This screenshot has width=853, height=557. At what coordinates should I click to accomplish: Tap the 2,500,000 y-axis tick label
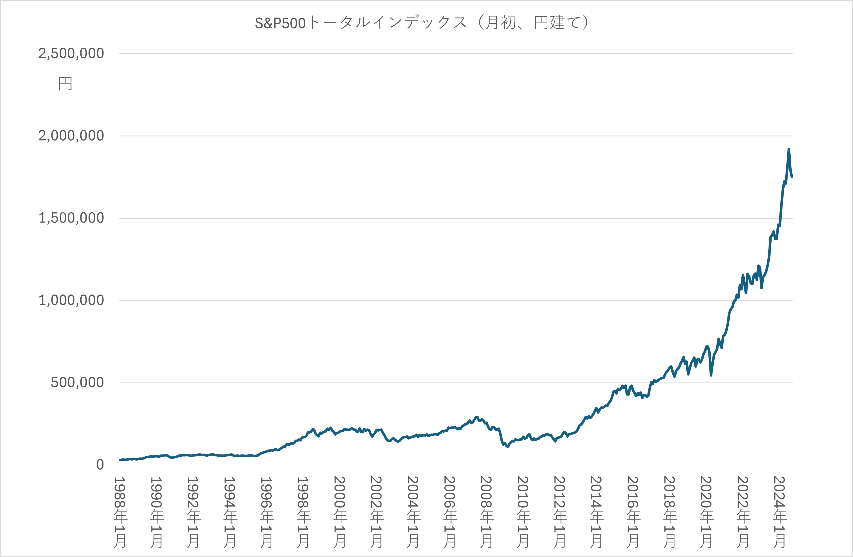click(71, 54)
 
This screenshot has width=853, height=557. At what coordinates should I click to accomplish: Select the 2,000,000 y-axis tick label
click(71, 136)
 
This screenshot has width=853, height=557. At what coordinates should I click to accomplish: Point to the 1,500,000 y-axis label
click(71, 218)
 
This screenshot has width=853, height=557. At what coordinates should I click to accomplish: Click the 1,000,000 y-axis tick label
click(71, 300)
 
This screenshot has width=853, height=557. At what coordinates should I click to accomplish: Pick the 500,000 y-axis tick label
click(77, 382)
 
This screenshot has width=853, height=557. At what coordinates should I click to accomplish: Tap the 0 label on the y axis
click(100, 464)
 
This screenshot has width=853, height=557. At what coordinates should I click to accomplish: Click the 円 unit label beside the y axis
click(65, 84)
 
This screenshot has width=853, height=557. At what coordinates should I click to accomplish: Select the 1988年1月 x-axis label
click(120, 512)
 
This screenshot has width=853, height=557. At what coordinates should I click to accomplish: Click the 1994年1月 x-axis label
click(230, 512)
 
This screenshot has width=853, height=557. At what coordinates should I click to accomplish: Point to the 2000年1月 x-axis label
click(340, 512)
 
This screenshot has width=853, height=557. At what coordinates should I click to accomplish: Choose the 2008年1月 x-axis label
click(486, 512)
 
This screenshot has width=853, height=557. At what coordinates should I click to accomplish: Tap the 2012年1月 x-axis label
click(560, 512)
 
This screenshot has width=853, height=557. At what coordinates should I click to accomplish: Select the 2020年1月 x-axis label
click(706, 512)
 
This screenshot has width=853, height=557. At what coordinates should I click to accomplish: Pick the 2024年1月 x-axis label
click(779, 512)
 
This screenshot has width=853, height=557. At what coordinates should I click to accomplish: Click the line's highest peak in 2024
click(789, 149)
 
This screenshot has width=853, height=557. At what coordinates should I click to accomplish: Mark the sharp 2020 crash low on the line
click(711, 375)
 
